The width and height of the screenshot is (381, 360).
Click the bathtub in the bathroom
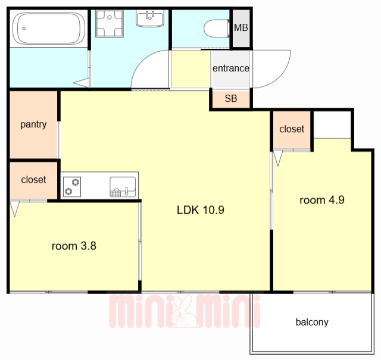[49, 29]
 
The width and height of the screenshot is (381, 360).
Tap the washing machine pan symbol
[110, 23]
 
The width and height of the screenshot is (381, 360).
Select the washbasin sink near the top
[149, 18]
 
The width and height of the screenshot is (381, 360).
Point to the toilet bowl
[216, 29]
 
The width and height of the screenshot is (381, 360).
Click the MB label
[241, 28]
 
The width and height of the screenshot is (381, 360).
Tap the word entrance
[231, 68]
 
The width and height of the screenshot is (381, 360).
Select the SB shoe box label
[231, 98]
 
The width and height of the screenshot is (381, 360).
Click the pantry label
[33, 124]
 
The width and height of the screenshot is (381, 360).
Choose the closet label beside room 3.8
[33, 180]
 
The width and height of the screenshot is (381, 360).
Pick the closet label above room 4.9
[292, 129]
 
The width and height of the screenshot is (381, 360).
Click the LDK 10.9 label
[201, 210]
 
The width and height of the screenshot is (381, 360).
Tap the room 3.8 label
[74, 246]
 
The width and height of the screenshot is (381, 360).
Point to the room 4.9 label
[322, 200]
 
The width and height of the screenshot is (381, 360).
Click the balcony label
[312, 322]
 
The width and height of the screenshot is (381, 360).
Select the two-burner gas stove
[72, 187]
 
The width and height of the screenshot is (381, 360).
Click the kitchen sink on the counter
[123, 187]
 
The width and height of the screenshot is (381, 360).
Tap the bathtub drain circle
[24, 29]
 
